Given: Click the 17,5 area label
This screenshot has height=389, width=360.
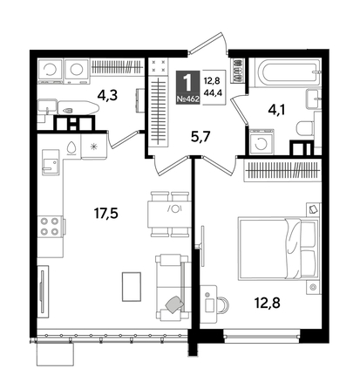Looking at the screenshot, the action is (105, 214).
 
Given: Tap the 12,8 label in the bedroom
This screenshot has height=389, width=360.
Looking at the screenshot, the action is (268, 304).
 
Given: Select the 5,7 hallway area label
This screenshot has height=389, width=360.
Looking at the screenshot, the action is (200, 136).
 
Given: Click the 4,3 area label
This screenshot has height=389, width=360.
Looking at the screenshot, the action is (107, 95).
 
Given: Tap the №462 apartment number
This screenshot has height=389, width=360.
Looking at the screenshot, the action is (188, 99).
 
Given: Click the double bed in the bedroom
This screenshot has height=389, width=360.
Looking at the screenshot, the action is (278, 249).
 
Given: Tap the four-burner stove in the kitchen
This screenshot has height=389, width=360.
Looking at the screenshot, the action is (50, 227).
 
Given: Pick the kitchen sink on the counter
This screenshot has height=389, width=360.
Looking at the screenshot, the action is (51, 162).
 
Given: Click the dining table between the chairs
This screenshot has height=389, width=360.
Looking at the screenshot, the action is (169, 215).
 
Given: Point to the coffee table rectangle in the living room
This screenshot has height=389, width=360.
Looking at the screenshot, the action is (132, 287).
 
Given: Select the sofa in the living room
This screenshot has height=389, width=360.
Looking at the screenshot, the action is (173, 287).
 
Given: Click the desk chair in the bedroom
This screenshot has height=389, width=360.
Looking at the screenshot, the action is (223, 305).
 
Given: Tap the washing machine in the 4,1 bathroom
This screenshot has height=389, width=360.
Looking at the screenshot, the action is (262, 141).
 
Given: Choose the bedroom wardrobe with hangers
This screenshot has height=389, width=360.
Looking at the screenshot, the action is (282, 170).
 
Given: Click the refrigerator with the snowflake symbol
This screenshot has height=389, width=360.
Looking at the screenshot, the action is (93, 147).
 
